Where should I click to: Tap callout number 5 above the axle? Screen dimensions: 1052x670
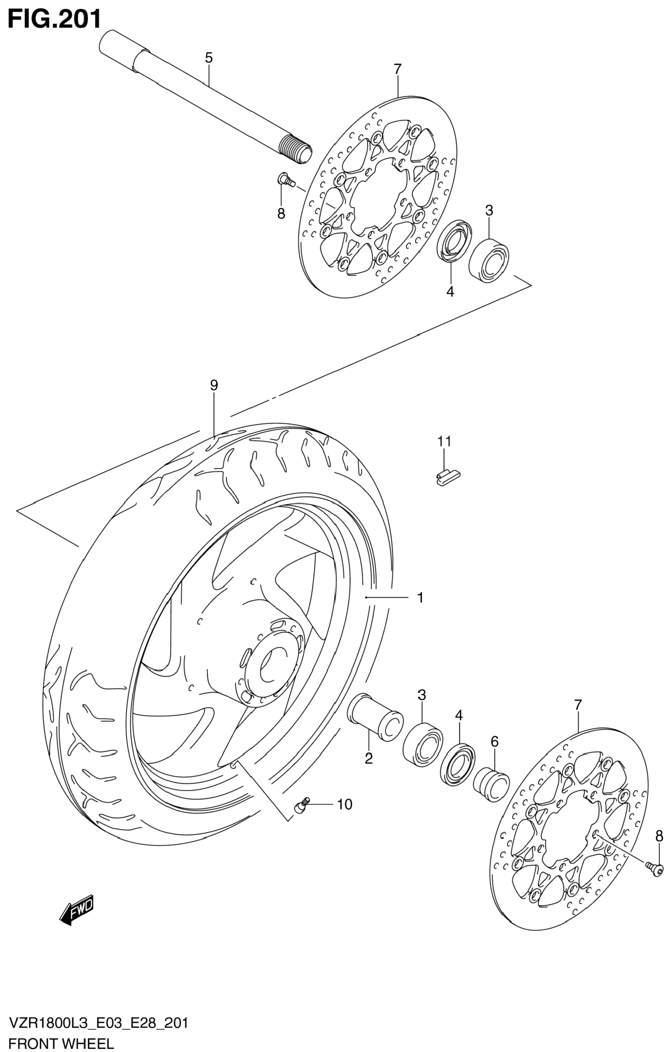pos(209,58)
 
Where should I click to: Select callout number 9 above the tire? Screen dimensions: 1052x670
pos(214,385)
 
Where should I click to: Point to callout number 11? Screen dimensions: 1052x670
pos(444,441)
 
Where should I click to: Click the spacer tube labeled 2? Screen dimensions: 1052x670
pos(375,716)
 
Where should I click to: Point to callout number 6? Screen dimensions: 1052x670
pos(494,741)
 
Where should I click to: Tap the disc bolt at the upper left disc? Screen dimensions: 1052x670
pos(285,179)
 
